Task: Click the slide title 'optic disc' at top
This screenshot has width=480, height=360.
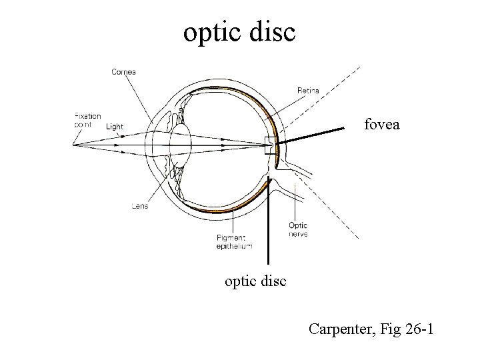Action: [x=239, y=32]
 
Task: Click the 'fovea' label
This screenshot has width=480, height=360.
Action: [x=381, y=123]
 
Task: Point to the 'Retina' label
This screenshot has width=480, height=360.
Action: [x=308, y=90]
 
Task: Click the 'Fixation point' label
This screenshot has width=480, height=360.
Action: [x=87, y=119]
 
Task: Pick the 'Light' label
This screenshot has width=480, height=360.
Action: [x=115, y=126]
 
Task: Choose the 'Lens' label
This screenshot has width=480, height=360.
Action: [x=139, y=206]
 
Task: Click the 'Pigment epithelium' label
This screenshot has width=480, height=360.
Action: [x=234, y=241]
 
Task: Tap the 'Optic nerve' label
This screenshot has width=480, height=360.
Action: [x=298, y=230]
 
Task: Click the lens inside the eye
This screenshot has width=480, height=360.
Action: [x=181, y=144]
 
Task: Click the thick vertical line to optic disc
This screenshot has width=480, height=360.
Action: [x=268, y=227]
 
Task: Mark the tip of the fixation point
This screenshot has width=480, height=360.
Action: [x=74, y=143]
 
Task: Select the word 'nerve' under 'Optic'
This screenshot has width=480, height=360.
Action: [x=298, y=234]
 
